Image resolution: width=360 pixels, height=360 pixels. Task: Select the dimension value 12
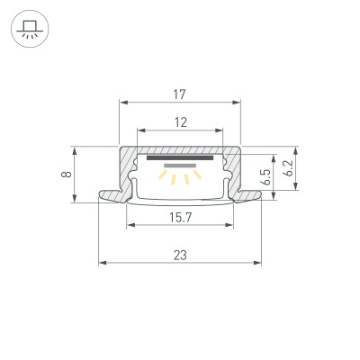coord(181,122)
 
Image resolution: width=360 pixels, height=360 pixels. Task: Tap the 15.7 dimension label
coord(181,216)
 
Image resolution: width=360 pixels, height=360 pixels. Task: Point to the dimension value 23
coord(181,255)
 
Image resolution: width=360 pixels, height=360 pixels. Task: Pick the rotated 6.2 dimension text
coord(287,168)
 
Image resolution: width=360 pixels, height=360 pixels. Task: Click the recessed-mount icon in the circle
coord(30,30)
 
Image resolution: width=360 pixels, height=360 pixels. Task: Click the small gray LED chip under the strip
coord(181,166)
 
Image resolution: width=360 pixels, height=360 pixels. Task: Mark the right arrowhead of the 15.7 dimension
coord(233,225)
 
